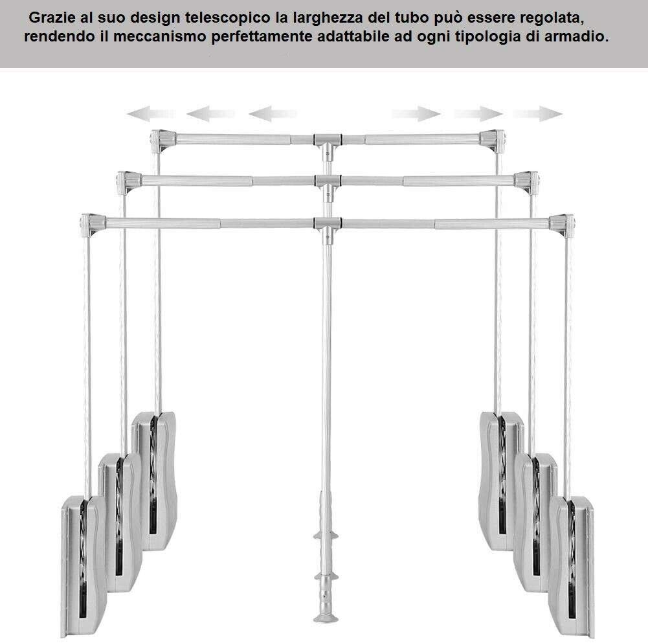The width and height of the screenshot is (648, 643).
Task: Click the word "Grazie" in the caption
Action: (52, 17)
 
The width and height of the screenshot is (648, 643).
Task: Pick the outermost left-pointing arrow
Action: (151, 113)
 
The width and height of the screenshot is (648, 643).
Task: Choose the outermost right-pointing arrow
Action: (538, 113)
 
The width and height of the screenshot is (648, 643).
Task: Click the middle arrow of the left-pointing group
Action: (211, 113)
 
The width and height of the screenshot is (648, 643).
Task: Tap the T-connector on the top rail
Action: (328, 144)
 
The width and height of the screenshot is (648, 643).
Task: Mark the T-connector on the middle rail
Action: (328, 186)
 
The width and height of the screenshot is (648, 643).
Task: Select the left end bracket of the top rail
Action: (162, 140)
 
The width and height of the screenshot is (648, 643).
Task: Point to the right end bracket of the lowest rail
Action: (562, 225)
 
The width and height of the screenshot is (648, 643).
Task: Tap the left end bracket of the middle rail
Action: (129, 183)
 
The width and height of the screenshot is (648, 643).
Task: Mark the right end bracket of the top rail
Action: (492, 140)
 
